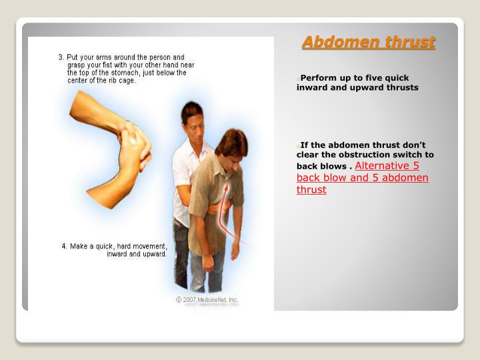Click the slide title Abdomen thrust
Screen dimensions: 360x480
(x=368, y=43)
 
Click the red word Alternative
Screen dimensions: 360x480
(x=387, y=166)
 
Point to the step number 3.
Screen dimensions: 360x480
(x=61, y=57)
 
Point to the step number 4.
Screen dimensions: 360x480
(x=64, y=246)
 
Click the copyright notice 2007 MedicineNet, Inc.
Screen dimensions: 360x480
(x=207, y=300)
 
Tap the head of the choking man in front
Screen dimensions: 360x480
(x=231, y=145)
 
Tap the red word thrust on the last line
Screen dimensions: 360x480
(x=311, y=189)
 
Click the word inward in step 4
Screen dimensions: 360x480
(x=120, y=254)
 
